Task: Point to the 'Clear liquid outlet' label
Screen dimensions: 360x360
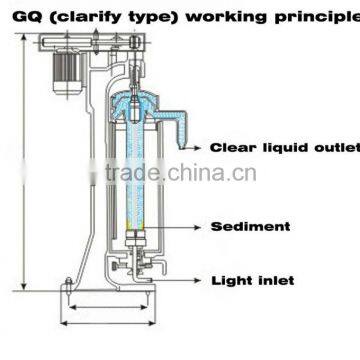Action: pyautogui.click(x=283, y=147)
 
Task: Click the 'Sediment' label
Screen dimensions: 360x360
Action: pyautogui.click(x=249, y=227)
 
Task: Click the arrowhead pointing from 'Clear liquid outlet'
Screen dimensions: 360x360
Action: pyautogui.click(x=196, y=147)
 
